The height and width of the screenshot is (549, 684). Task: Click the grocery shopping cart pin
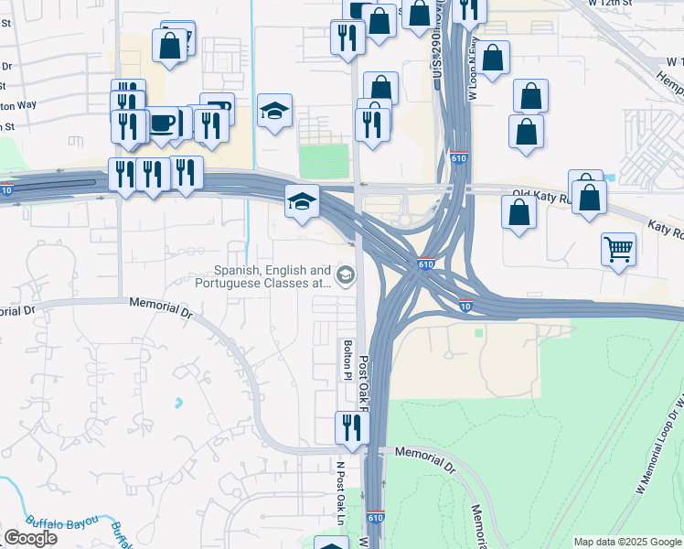click(619, 249)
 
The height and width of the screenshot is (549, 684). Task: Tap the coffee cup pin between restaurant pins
click(163, 124)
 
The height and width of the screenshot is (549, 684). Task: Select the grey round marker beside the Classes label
click(346, 274)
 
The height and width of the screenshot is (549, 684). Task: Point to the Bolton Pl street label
click(347, 360)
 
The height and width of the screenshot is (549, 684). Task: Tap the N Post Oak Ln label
click(340, 493)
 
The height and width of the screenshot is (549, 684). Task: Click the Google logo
click(30, 537)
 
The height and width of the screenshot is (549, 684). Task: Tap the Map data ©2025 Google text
click(627, 542)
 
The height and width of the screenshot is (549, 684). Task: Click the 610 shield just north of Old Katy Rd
click(459, 159)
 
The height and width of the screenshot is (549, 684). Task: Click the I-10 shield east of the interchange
click(466, 307)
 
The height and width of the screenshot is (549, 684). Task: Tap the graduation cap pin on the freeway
click(302, 203)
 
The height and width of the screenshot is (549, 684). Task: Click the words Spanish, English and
click(272, 271)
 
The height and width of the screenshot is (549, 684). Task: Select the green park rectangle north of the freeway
click(325, 161)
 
